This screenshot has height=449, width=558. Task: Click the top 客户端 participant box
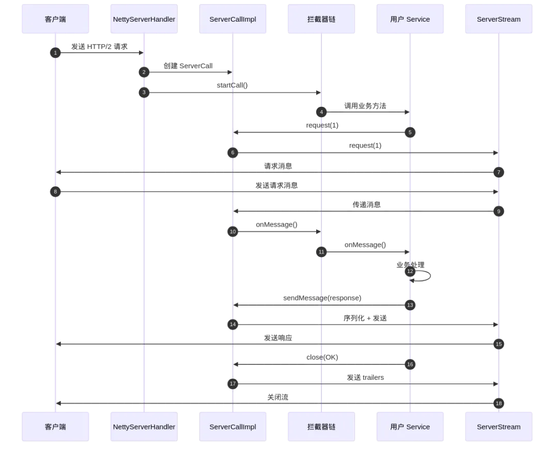pos(55,20)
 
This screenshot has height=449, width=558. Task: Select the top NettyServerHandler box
pos(144,20)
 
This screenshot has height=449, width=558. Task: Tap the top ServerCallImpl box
pos(233,20)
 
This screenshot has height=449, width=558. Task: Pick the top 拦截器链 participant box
pos(321,20)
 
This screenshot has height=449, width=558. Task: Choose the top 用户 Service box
pos(410,20)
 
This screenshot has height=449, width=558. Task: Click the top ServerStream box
pos(498,20)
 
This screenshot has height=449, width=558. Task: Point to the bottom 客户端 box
pos(55,427)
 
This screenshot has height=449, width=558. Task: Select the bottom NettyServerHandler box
pos(144,427)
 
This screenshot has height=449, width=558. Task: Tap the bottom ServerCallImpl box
pos(233,427)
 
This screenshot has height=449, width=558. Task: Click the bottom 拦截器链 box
pos(321,427)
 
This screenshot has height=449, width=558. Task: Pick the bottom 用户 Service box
pos(410,427)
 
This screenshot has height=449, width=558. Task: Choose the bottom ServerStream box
pos(498,427)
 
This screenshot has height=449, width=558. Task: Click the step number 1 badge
pos(55,53)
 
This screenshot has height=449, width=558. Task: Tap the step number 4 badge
pos(321,112)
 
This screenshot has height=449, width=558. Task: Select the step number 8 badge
pos(55,191)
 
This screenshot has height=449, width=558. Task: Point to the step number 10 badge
pos(233,232)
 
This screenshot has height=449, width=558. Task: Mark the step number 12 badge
pos(410,271)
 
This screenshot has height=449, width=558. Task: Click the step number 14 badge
pos(233,325)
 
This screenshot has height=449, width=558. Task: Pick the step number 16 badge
pos(410,364)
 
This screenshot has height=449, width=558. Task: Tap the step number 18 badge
pos(499,404)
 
